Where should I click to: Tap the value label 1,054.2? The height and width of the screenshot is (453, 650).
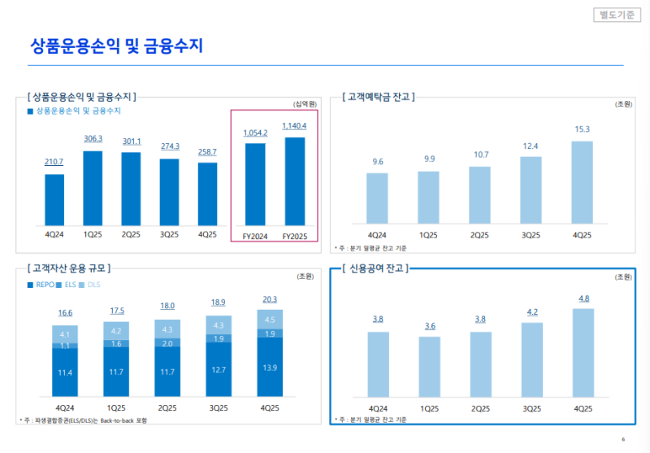click(x=255, y=133)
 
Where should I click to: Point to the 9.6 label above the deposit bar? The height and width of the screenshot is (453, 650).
click(x=378, y=162)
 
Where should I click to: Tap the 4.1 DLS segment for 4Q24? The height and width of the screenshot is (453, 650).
click(x=64, y=334)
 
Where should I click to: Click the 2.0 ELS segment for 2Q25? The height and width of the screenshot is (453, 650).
click(x=167, y=343)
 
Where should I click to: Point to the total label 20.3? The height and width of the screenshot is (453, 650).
click(x=270, y=299)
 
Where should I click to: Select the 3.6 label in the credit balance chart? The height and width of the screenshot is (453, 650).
click(x=429, y=326)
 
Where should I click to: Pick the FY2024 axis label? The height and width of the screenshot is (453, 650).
click(x=255, y=236)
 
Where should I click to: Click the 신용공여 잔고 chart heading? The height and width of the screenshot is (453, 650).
click(x=376, y=268)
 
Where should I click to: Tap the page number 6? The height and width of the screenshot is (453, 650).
click(x=622, y=439)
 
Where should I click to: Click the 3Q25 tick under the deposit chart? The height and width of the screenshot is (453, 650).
click(x=531, y=235)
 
